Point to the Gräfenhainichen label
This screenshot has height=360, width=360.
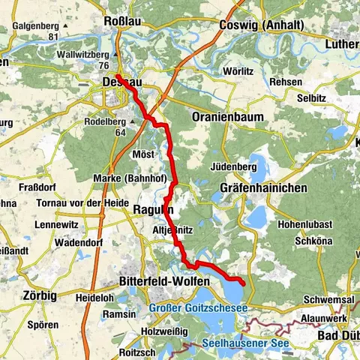tap(264, 188)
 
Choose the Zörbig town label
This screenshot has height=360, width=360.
tap(39, 295)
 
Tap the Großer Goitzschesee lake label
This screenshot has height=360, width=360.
tap(198, 307)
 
